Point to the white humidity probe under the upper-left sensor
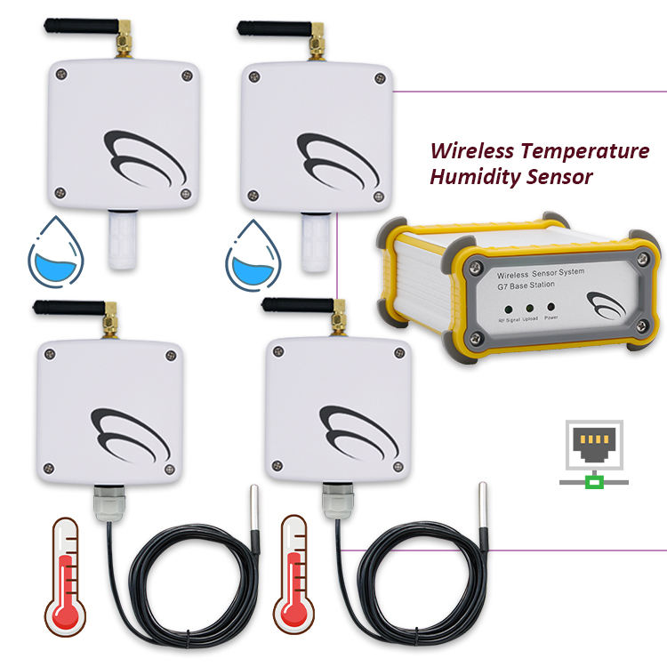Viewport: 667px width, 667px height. [x=122, y=240]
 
